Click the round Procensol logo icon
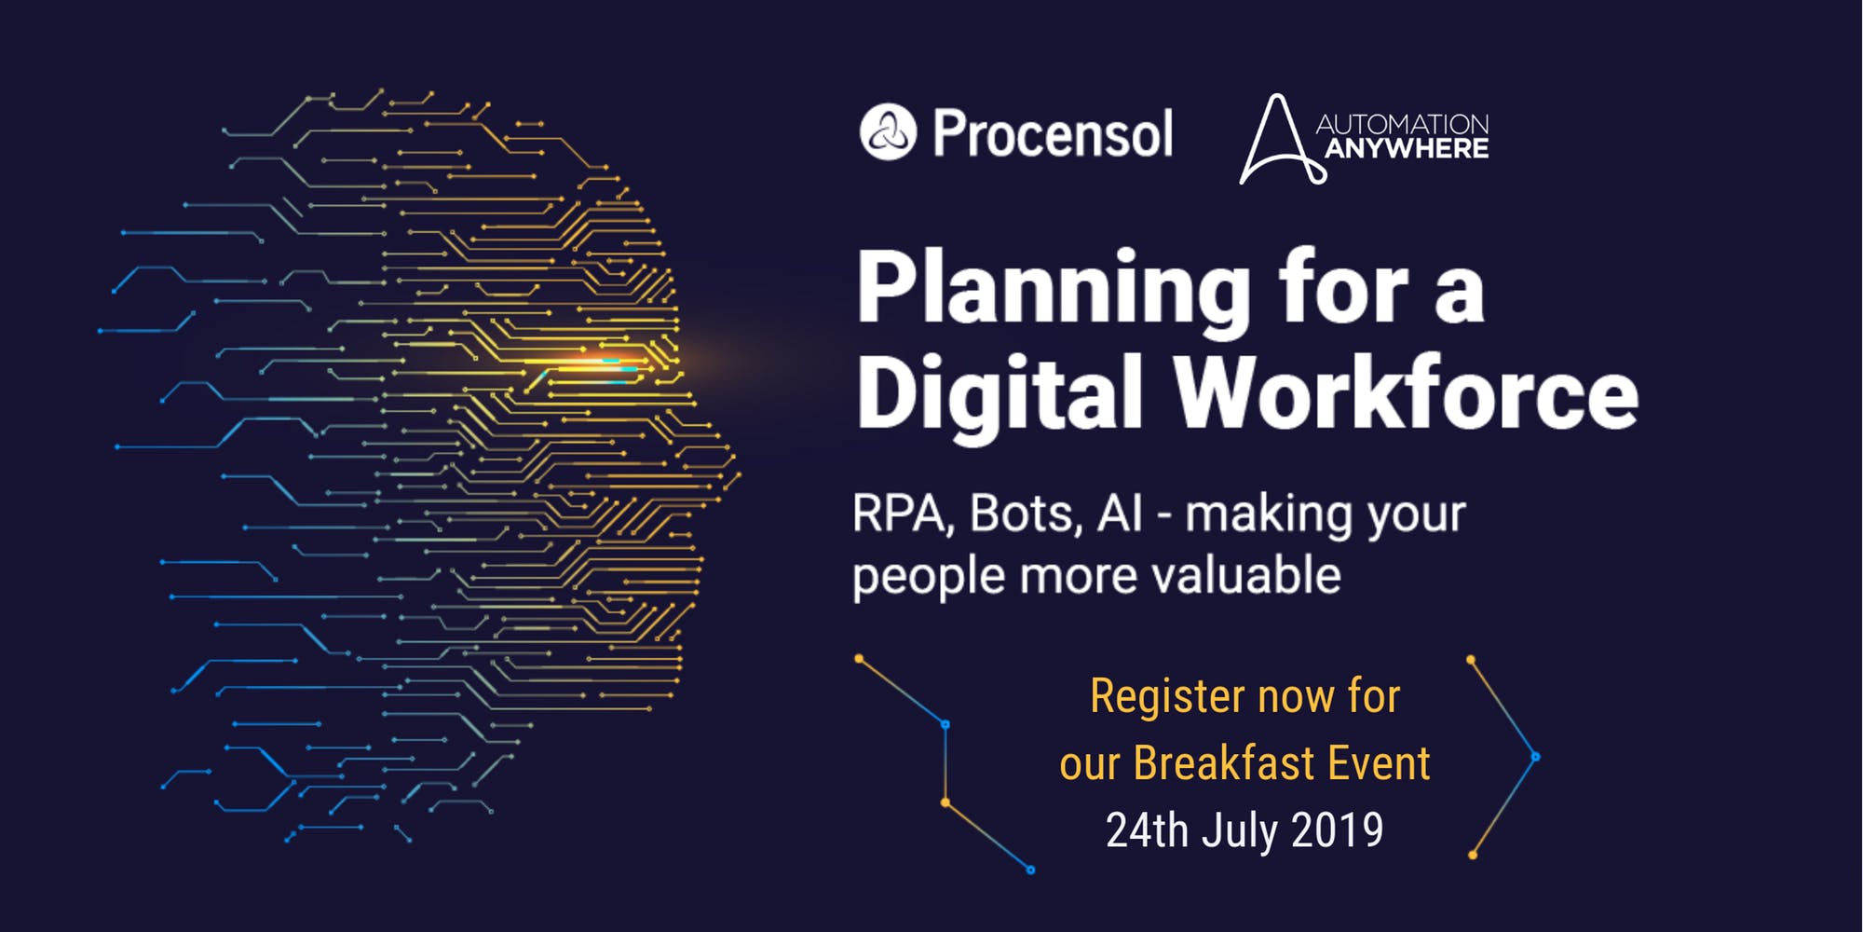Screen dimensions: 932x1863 [x=888, y=131]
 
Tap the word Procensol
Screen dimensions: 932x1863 [x=1053, y=133]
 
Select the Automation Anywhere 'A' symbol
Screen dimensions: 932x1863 [x=1277, y=140]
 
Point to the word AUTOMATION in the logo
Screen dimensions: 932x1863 [x=1402, y=123]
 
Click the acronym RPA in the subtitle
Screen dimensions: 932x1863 [x=900, y=514]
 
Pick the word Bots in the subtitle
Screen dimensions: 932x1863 [x=1025, y=514]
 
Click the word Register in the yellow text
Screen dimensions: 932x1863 [x=1165, y=697]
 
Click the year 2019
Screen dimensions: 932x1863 [x=1338, y=830]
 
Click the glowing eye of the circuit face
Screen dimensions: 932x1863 [x=605, y=363]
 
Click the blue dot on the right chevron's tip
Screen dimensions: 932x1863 [x=1535, y=757]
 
